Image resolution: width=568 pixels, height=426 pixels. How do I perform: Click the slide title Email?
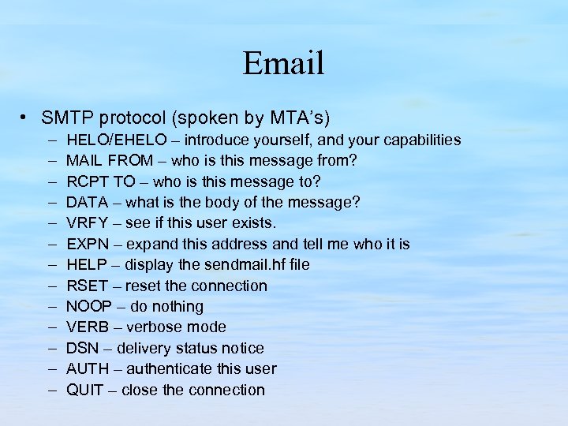tap(283, 63)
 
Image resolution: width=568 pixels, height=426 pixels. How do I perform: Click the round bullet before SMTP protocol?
tap(26, 118)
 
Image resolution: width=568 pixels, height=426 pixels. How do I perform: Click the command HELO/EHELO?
tap(117, 140)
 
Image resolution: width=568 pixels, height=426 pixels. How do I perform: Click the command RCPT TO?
tap(100, 182)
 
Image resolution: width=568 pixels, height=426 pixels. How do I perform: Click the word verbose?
tap(157, 327)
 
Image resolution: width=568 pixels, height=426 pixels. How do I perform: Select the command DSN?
tap(82, 348)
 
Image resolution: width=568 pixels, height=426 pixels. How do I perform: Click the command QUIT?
tap(85, 390)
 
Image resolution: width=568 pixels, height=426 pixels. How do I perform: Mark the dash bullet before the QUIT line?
tap(50, 390)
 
